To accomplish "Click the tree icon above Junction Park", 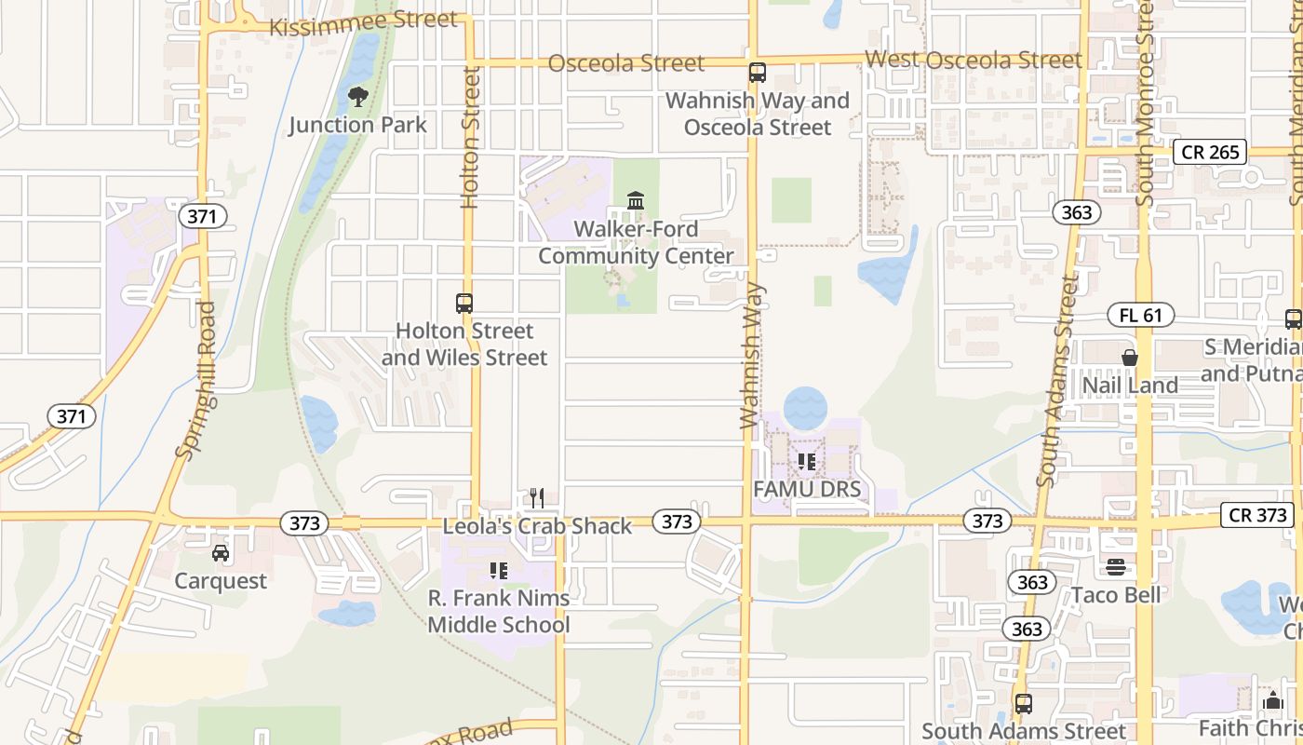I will coord(357,95).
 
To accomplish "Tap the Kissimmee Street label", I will coord(363,22).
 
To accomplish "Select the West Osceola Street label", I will coord(974,60).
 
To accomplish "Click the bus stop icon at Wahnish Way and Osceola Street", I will coord(758,72).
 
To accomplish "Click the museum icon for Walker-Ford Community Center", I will coord(636,200).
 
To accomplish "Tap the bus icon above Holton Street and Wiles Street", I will coord(464,303).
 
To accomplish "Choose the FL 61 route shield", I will coord(1141,315).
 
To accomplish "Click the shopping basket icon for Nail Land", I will coord(1130,357).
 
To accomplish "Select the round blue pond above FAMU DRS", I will coord(805,408).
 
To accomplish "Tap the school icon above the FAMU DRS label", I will coord(806,461).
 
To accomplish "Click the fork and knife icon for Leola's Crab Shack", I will coord(536,498).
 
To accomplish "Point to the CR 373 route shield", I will coord(1257,515).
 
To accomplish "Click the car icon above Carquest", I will coord(221,553).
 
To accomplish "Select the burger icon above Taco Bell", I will coord(1116,567).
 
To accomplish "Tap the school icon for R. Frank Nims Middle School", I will coord(498,570).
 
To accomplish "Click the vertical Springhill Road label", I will coord(196,379).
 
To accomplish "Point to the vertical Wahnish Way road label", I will coord(752,356).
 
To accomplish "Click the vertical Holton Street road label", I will coord(471,137).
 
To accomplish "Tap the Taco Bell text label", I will coord(1116,594).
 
